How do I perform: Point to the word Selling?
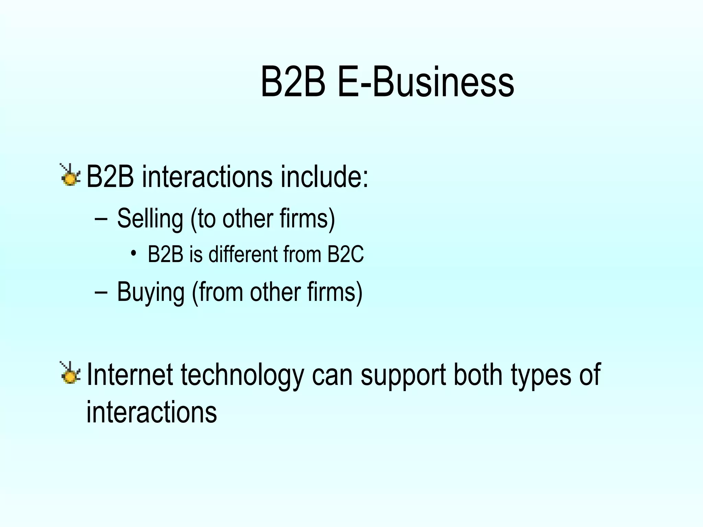pos(150,219)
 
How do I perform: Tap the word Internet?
pos(129,375)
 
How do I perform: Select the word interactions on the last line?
pos(151,412)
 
